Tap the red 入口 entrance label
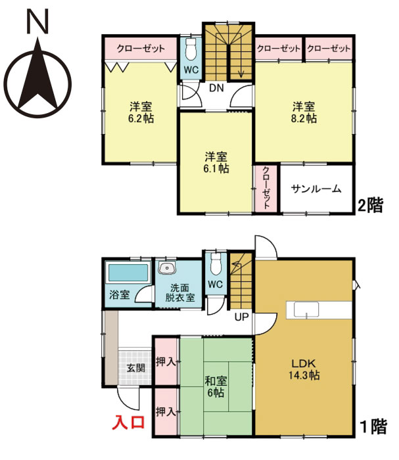(130, 421)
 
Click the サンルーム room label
(316, 189)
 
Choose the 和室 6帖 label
(214, 386)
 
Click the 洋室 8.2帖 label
(304, 112)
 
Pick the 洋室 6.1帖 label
(216, 162)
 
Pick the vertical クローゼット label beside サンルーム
(266, 189)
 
